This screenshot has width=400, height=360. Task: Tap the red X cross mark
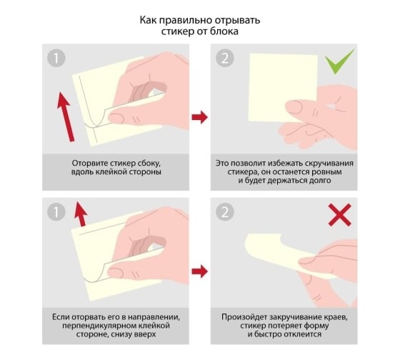coord(340,215)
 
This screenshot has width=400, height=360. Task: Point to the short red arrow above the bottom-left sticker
coord(81,214)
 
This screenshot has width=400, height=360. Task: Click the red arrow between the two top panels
coord(200,117)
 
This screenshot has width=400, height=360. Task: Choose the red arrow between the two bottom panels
coord(200,271)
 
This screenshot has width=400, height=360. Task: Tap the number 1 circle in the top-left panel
coord(56,58)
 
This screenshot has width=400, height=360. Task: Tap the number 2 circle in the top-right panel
coord(225,58)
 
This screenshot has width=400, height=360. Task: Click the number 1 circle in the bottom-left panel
coord(56,211)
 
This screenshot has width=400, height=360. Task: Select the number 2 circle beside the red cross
coord(225,211)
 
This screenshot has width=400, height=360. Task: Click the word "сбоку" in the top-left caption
coord(149,164)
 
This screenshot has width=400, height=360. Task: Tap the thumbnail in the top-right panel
coord(295,107)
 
